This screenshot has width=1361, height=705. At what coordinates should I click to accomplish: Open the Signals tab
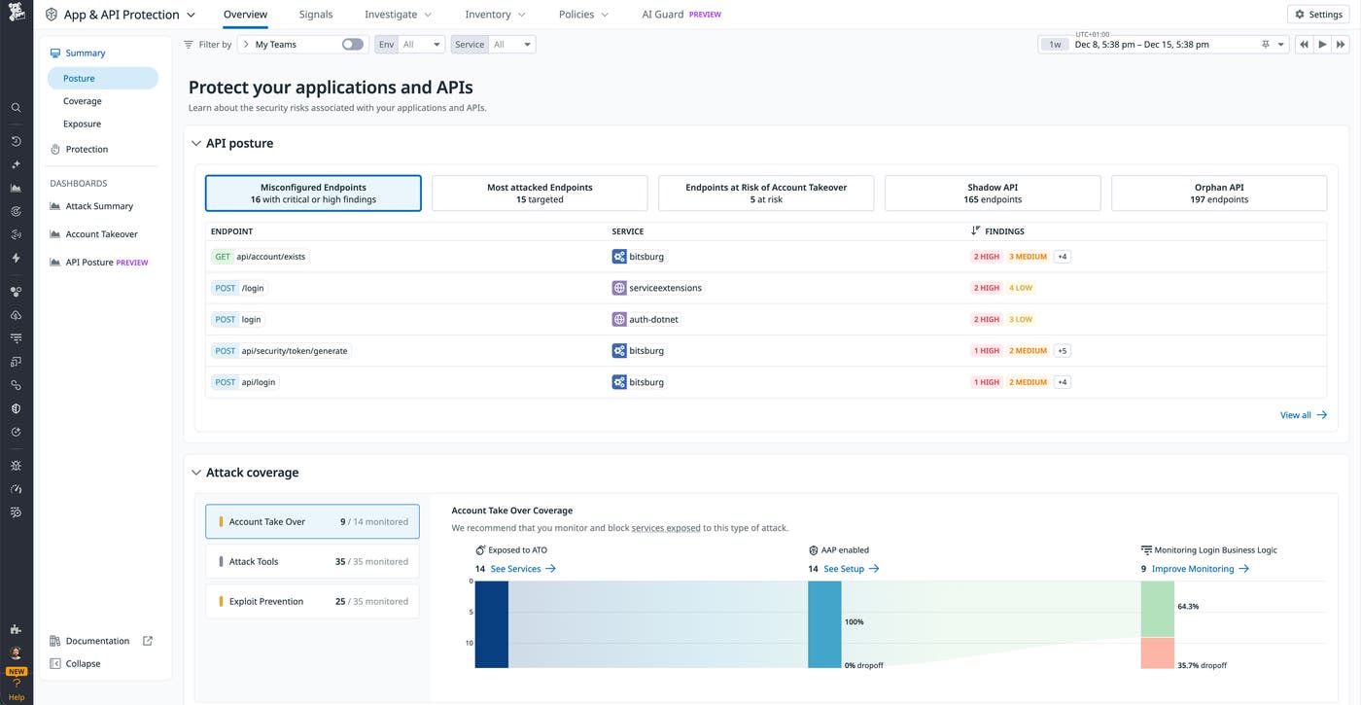pos(316,15)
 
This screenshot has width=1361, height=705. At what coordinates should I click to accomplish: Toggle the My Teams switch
pos(352,45)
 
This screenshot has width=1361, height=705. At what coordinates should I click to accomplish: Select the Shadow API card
pos(992,194)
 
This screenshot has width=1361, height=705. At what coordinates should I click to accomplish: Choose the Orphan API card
pos(1218,194)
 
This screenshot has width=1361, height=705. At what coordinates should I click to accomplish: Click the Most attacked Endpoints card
pos(540,194)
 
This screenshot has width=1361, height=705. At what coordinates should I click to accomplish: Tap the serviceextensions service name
pos(665,288)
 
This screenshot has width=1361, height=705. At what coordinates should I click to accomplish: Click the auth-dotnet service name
pos(655,319)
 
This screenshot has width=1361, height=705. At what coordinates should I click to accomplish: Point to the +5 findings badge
pos(1062,351)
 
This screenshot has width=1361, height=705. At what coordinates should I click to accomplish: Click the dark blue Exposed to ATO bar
pos(492,624)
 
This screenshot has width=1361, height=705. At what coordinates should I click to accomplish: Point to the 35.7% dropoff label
pos(1202,666)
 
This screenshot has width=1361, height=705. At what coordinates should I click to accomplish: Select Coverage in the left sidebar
pos(83,101)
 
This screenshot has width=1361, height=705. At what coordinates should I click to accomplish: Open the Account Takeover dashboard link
pos(101,234)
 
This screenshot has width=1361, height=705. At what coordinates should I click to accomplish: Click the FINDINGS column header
pos(1003,231)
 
